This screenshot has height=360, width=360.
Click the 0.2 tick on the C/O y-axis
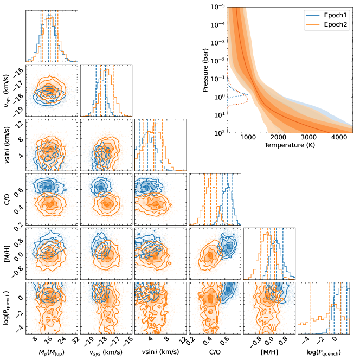(17, 223)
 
